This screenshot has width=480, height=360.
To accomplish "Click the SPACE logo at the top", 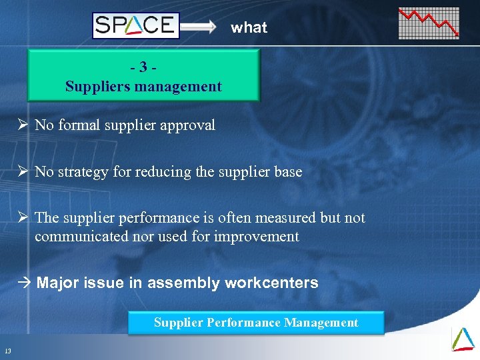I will click(x=136, y=26).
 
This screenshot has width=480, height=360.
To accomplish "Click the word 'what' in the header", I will click(x=249, y=27).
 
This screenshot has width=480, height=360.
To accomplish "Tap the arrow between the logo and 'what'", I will click(x=199, y=27).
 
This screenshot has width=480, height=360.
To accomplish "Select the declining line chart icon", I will click(x=429, y=23).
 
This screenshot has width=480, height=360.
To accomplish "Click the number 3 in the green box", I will click(x=143, y=67).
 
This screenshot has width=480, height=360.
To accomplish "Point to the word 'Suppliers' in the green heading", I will click(x=94, y=86).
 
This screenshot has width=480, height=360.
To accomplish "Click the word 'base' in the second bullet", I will click(x=287, y=171).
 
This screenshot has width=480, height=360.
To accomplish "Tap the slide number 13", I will click(x=7, y=351).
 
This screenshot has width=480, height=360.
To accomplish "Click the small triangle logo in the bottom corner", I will click(x=463, y=338).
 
